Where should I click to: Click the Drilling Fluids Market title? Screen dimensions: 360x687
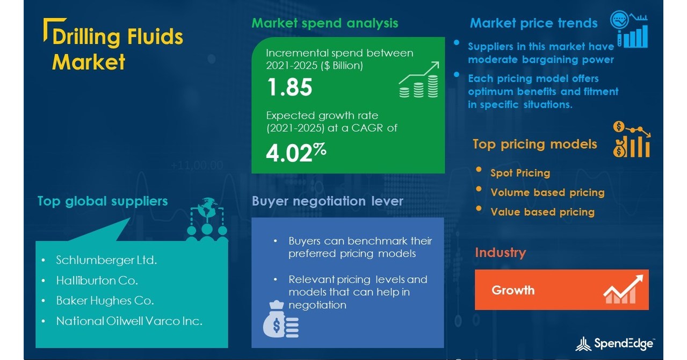117,49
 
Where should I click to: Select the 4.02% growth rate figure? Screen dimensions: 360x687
296,153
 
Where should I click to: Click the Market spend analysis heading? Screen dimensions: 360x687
325,23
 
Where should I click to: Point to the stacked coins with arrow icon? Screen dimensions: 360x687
419,80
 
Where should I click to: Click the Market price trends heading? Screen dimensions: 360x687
533,23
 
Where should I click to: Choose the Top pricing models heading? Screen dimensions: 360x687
534,144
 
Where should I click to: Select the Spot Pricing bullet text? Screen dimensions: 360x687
520,173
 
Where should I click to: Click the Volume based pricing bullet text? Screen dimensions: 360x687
547,192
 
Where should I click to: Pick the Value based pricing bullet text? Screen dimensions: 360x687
542,212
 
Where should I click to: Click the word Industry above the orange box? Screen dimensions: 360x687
500,253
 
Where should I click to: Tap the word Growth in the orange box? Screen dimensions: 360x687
513,290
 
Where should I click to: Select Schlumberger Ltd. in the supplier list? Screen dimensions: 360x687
106,261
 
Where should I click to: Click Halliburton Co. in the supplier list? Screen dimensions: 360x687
97,280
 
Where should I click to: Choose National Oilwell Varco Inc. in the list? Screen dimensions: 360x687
129,321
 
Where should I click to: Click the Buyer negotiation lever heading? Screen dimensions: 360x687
327,201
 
